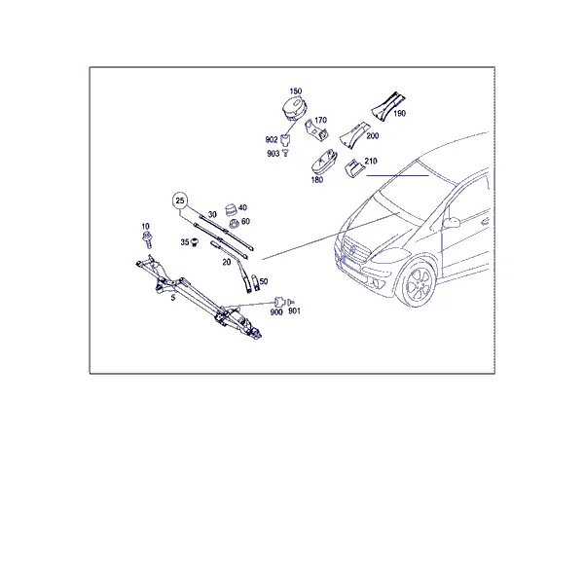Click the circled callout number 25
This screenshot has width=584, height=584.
pyautogui.click(x=180, y=201)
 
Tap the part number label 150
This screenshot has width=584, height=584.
pyautogui.click(x=296, y=91)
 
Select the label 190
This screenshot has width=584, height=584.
pyautogui.click(x=399, y=113)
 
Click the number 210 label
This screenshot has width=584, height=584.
pyautogui.click(x=371, y=161)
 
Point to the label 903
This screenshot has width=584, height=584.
pyautogui.click(x=273, y=154)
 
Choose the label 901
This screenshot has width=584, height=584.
pyautogui.click(x=294, y=311)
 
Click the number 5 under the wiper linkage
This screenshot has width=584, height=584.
pyautogui.click(x=173, y=298)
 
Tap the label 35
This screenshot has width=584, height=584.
pyautogui.click(x=185, y=242)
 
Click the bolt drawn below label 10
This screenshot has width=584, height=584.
pyautogui.click(x=147, y=239)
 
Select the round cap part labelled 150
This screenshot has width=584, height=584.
pyautogui.click(x=295, y=108)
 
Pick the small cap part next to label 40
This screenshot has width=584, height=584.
pyautogui.click(x=232, y=209)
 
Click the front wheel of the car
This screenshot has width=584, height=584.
pyautogui.click(x=418, y=284)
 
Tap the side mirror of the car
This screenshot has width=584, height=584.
pyautogui.click(x=452, y=223)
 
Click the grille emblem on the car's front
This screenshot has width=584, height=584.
pyautogui.click(x=351, y=250)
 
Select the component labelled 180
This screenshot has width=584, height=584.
pyautogui.click(x=324, y=163)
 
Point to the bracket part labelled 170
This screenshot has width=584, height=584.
pyautogui.click(x=315, y=130)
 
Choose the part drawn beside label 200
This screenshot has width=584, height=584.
pyautogui.click(x=352, y=135)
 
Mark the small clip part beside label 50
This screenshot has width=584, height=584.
pyautogui.click(x=256, y=283)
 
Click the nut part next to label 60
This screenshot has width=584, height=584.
pyautogui.click(x=235, y=224)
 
